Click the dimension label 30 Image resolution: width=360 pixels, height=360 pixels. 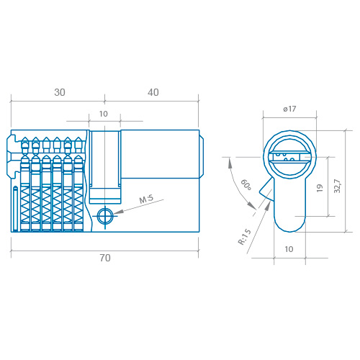coord(60,92)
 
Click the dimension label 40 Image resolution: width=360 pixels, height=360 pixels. coord(153,92)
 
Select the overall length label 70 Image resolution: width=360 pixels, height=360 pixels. coord(105,258)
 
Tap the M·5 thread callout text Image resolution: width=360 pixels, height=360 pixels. coord(146,199)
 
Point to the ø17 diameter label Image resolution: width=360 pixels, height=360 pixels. coord(289,109)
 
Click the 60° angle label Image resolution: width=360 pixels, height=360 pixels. coord(246,184)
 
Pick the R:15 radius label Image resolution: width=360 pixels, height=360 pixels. coord(245,237)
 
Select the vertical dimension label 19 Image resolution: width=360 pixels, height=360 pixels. coord(320,188)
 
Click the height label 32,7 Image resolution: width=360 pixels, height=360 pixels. coord(337,186)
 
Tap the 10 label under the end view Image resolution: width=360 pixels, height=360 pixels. coord(289,249)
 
